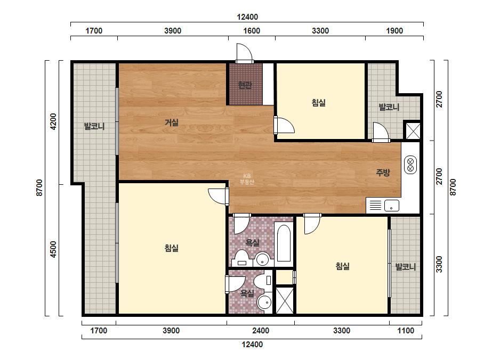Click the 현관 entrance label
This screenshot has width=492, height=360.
[245, 85]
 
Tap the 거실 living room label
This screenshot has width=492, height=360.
[172, 122]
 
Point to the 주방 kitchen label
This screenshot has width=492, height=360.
[383, 172]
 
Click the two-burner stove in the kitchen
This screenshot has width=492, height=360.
[410, 165]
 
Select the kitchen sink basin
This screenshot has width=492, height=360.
[392, 206]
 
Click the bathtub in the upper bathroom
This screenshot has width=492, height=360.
[284, 243]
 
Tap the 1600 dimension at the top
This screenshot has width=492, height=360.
[252, 31]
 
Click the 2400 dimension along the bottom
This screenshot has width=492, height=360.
[261, 331]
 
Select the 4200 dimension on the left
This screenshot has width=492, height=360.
[54, 121]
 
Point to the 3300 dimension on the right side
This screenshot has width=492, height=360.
[439, 264]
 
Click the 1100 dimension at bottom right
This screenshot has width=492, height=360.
[406, 331]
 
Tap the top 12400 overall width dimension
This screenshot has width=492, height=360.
[247, 17]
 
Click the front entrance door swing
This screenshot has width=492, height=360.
[244, 53]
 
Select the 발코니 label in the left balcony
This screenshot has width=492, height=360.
[94, 126]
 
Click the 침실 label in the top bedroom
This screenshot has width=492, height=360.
[318, 103]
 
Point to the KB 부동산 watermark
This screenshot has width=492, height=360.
[247, 179]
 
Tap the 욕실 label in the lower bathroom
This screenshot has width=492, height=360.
[247, 293]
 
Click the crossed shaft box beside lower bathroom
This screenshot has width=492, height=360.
[285, 301]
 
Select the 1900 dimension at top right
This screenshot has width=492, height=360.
[394, 31]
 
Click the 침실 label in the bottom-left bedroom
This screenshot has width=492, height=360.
[172, 248]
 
